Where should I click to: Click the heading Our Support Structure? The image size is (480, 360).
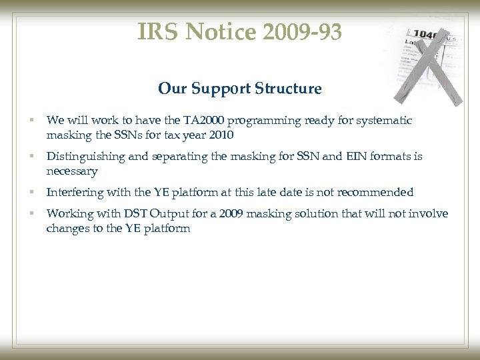[240, 88]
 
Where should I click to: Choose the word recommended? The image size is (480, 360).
[379, 192]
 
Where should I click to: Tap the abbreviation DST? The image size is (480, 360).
[129, 213]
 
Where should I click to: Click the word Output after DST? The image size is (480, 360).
[163, 213]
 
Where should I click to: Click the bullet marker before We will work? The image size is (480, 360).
[31, 121]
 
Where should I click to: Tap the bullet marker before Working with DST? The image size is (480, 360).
[31, 213]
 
